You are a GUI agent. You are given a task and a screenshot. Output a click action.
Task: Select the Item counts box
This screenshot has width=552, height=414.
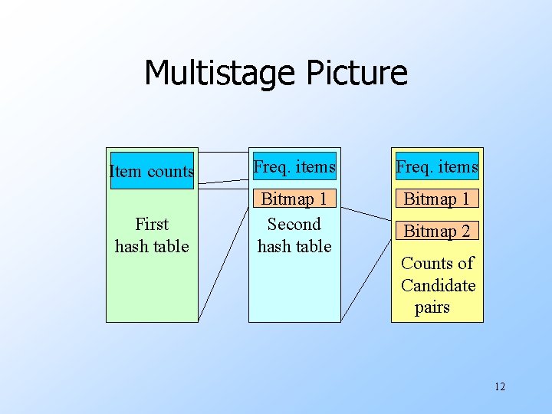coord(152,171)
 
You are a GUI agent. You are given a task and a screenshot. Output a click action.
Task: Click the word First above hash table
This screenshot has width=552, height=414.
coord(151,224)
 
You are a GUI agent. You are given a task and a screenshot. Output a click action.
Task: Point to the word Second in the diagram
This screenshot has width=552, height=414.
coord(294,224)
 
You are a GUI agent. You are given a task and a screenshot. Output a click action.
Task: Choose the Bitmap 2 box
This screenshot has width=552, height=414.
coord(437,231)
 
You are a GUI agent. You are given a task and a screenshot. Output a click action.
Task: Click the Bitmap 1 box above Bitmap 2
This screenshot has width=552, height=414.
coord(437,199)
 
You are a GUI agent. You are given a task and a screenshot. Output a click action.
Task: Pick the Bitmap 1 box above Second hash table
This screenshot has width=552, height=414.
coord(294,199)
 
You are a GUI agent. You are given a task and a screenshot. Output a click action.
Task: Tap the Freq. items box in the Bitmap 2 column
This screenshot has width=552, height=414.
coord(437,166)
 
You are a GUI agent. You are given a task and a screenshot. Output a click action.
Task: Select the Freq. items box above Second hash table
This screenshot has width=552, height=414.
coord(294,166)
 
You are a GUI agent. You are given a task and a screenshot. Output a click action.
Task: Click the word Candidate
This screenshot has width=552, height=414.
coord(438,285)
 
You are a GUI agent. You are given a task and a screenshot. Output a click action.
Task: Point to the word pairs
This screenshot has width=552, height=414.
coord(432,307)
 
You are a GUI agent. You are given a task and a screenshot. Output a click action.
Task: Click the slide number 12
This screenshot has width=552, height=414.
coord(500,386)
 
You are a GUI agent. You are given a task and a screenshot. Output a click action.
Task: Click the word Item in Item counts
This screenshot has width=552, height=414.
coord(123,171)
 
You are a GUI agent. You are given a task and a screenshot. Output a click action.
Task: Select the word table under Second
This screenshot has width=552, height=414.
coord(313,246)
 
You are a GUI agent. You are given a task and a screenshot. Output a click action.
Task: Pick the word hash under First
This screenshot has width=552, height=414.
coord(131,246)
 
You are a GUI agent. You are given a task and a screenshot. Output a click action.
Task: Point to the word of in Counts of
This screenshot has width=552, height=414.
coord(465,263)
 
